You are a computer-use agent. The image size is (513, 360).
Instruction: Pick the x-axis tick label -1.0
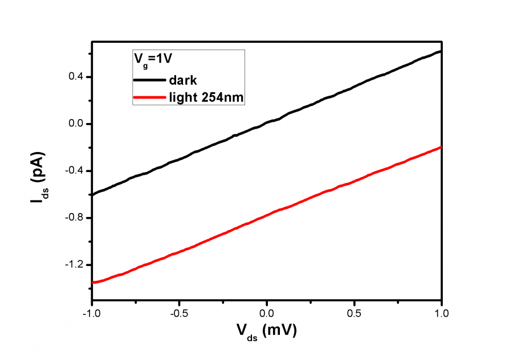coord(91,313)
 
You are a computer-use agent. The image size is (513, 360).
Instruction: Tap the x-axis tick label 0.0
coord(267,313)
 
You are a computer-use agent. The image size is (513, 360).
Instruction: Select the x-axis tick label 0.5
coord(354,313)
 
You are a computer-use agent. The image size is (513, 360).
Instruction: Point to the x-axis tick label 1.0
coord(441,313)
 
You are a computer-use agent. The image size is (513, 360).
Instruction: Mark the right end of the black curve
coord(441,51)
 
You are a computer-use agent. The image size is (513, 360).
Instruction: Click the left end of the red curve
coord(92,282)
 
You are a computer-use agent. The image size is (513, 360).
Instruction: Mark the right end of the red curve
coord(441,147)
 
